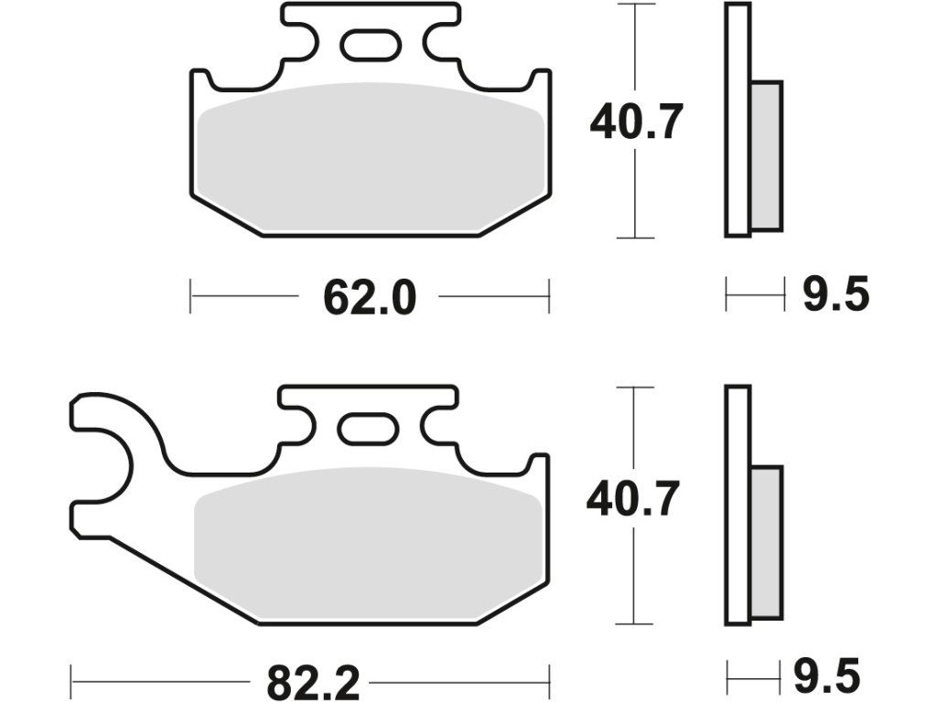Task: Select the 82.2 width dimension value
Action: pos(313,682)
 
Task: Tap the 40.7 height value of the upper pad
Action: pos(636,122)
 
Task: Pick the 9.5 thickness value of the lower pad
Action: pos(826,676)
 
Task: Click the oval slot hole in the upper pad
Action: pos(371,47)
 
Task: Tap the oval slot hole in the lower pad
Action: pos(368,429)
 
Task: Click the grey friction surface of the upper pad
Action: pos(370,157)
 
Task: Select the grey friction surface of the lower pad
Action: pos(369,542)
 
